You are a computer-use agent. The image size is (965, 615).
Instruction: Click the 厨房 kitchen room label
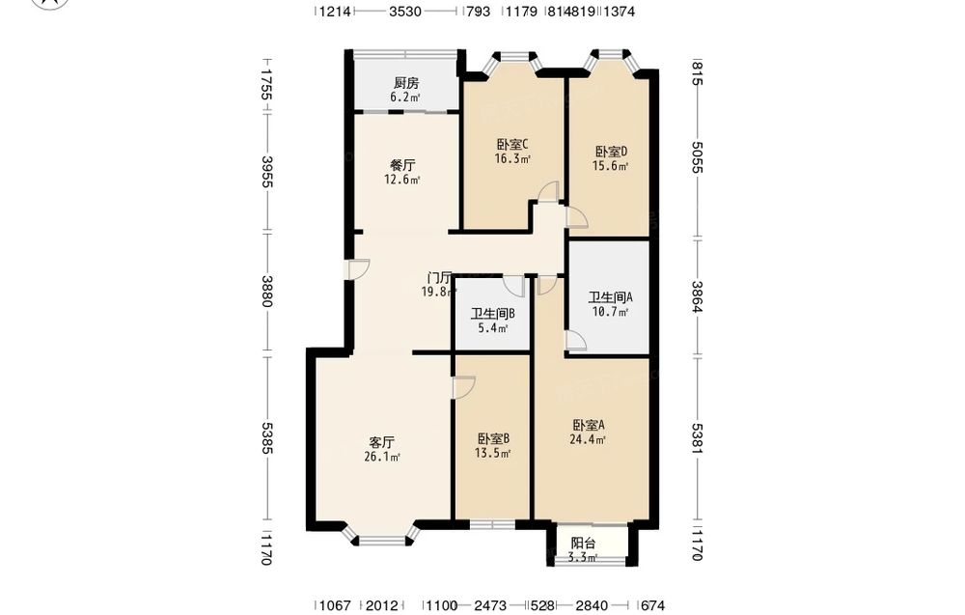(x=406, y=83)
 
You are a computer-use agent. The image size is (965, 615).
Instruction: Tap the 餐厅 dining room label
(x=402, y=166)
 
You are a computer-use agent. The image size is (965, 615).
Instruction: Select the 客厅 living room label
(x=381, y=442)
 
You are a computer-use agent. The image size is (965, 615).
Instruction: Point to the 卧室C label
(x=512, y=145)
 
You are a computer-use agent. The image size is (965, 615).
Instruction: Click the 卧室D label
(x=611, y=152)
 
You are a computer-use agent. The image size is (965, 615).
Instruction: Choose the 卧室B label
(x=493, y=439)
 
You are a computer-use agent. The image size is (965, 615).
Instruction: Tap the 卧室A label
(x=589, y=426)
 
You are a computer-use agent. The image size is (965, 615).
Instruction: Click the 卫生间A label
(x=611, y=297)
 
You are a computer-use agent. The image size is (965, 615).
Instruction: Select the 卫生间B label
(x=493, y=314)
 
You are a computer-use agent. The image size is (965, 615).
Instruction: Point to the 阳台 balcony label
(x=583, y=544)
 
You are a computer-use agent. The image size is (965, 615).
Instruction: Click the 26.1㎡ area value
(x=381, y=457)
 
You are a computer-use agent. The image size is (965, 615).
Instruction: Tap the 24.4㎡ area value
(x=588, y=439)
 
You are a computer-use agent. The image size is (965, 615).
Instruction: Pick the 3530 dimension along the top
(x=405, y=11)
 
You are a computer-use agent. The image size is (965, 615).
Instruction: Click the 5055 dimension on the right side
(x=697, y=157)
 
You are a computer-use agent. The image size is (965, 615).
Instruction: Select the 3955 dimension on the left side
(x=267, y=172)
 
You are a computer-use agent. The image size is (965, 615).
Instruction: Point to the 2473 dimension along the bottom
(x=490, y=605)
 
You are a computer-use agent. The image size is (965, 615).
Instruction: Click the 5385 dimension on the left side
(x=267, y=438)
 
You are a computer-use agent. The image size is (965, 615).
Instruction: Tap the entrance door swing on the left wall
(x=358, y=269)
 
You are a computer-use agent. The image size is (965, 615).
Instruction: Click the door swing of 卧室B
(x=463, y=388)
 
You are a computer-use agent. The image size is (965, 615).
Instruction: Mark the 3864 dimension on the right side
(x=697, y=296)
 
